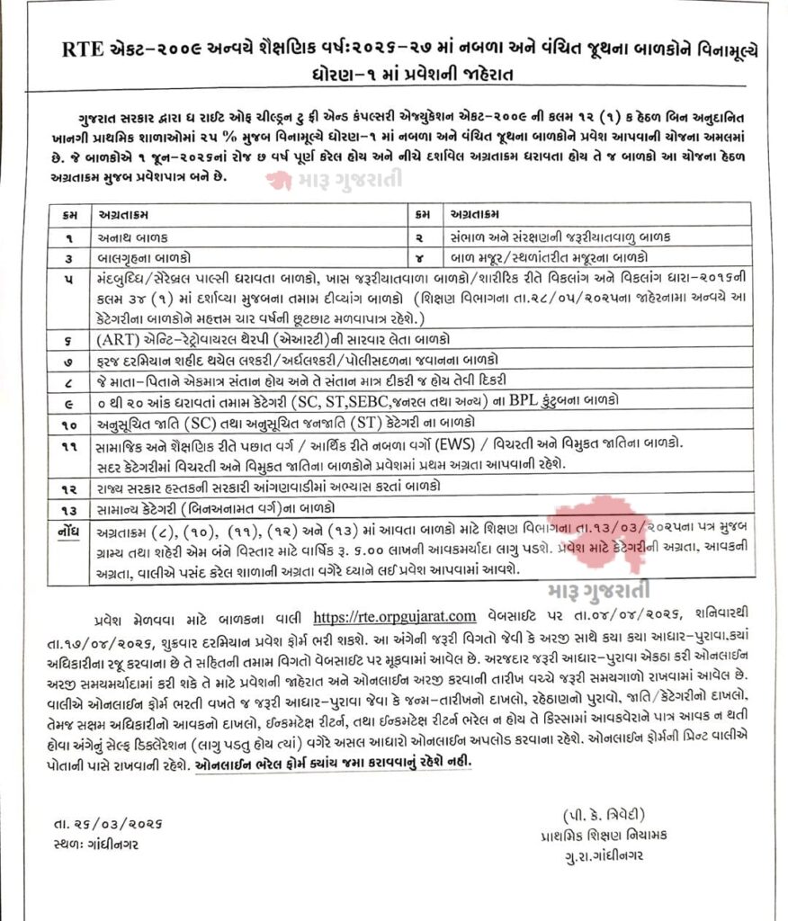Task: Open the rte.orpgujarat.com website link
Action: pyautogui.click(x=393, y=616)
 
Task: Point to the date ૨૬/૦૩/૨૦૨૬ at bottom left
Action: pyautogui.click(x=94, y=827)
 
